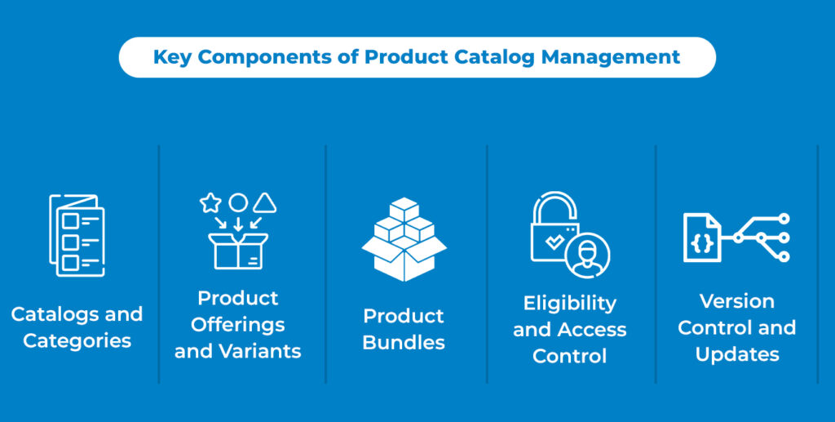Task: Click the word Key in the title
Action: pyautogui.click(x=172, y=57)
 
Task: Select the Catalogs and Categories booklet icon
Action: pyautogui.click(x=77, y=234)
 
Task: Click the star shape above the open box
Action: pyautogui.click(x=210, y=202)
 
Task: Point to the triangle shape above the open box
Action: pyautogui.click(x=264, y=202)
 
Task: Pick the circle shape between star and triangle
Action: pyautogui.click(x=237, y=202)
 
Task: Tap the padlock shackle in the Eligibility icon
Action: pyautogui.click(x=553, y=208)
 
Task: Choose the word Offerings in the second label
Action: pyautogui.click(x=238, y=325)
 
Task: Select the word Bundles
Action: pyautogui.click(x=404, y=343)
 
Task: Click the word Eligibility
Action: pyautogui.click(x=569, y=304)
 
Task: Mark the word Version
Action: pyautogui.click(x=736, y=301)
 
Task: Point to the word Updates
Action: pyautogui.click(x=736, y=355)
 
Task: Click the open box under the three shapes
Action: pyautogui.click(x=238, y=251)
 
